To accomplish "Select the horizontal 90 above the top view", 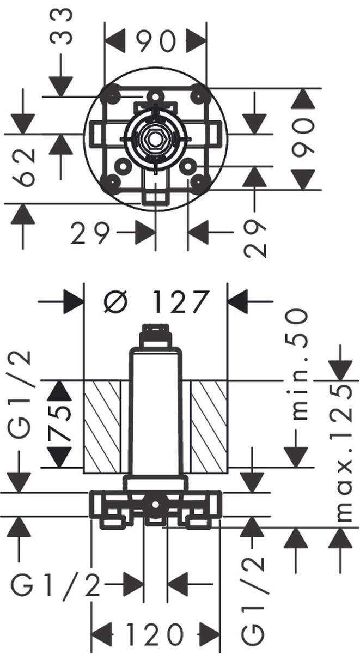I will click(x=156, y=41).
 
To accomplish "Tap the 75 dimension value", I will click(x=62, y=423).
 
